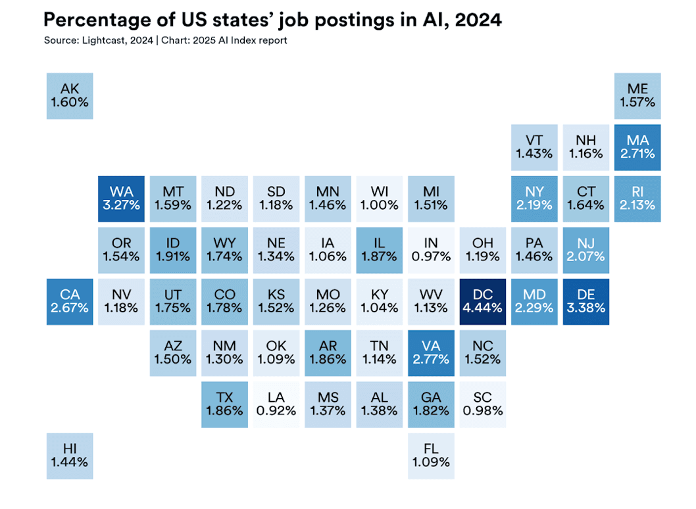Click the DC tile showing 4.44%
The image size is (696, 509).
(x=482, y=301)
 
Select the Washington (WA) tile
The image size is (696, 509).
(x=121, y=199)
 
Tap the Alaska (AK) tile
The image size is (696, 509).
(x=70, y=96)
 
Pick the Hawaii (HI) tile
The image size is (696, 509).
(x=70, y=455)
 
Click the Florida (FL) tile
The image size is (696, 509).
(x=431, y=455)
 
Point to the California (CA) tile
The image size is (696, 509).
(x=70, y=301)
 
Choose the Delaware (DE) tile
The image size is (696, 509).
(x=585, y=301)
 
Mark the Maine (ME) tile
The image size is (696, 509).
(x=637, y=96)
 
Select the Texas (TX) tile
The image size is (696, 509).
(x=224, y=404)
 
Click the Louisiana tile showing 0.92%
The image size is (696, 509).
(x=275, y=404)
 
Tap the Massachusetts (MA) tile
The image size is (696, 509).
(x=637, y=147)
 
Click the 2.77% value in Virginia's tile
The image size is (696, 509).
(x=431, y=360)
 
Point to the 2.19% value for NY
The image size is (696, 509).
(x=534, y=205)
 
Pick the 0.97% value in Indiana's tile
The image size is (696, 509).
(x=431, y=256)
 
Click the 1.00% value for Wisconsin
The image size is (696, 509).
(x=379, y=205)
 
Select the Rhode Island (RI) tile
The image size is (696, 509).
(x=637, y=199)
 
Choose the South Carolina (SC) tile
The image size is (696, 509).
(x=482, y=404)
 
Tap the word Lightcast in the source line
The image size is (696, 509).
(x=104, y=41)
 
